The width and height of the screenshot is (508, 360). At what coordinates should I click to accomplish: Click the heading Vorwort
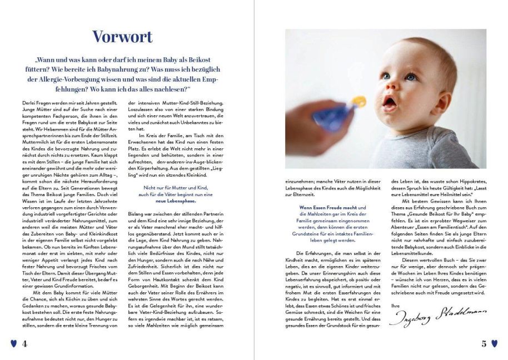(x=122, y=37)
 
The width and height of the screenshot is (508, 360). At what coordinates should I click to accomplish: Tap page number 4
(x=24, y=343)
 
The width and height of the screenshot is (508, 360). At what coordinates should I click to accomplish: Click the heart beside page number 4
(x=14, y=343)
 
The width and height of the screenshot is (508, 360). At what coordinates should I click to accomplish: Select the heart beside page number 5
(x=495, y=343)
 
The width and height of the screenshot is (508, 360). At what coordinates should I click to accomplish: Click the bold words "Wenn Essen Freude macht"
(x=332, y=207)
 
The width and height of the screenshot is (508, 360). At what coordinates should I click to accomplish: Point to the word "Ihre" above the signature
(x=395, y=305)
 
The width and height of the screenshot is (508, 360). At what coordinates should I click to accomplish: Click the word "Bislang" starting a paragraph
(x=137, y=213)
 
